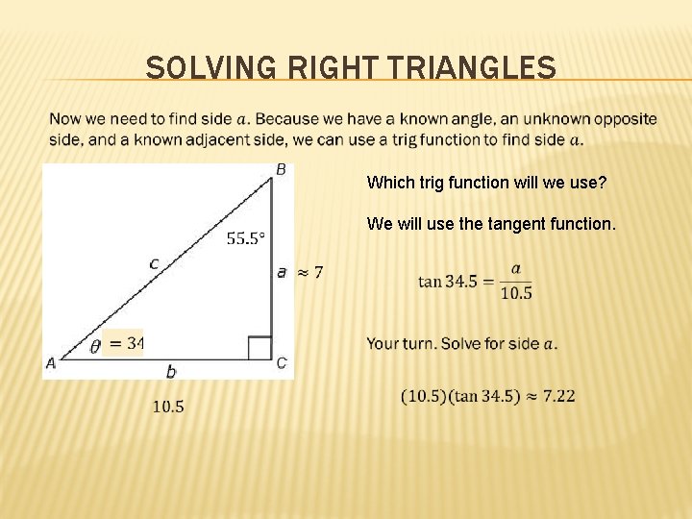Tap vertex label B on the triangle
[x=281, y=169]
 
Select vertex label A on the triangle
[x=50, y=362]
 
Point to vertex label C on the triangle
[x=282, y=362]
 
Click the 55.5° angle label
[x=246, y=238]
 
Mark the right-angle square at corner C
[x=259, y=347]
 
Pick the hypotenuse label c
[x=154, y=261]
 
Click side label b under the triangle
[x=171, y=371]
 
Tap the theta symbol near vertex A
[x=94, y=346]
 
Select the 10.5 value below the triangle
[x=168, y=407]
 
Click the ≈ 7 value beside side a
[x=309, y=273]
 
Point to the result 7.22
[x=559, y=395]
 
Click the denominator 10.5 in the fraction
[x=516, y=292]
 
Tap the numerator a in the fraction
[x=516, y=269]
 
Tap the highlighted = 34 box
[x=123, y=342]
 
